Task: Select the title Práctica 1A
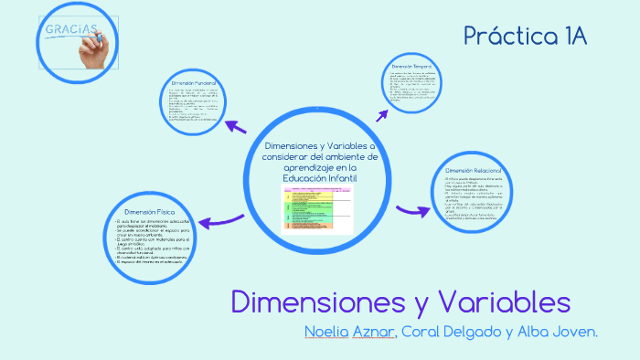[524, 36]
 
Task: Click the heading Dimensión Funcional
[194, 83]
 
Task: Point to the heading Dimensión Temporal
[411, 68]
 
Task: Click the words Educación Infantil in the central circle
[318, 177]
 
